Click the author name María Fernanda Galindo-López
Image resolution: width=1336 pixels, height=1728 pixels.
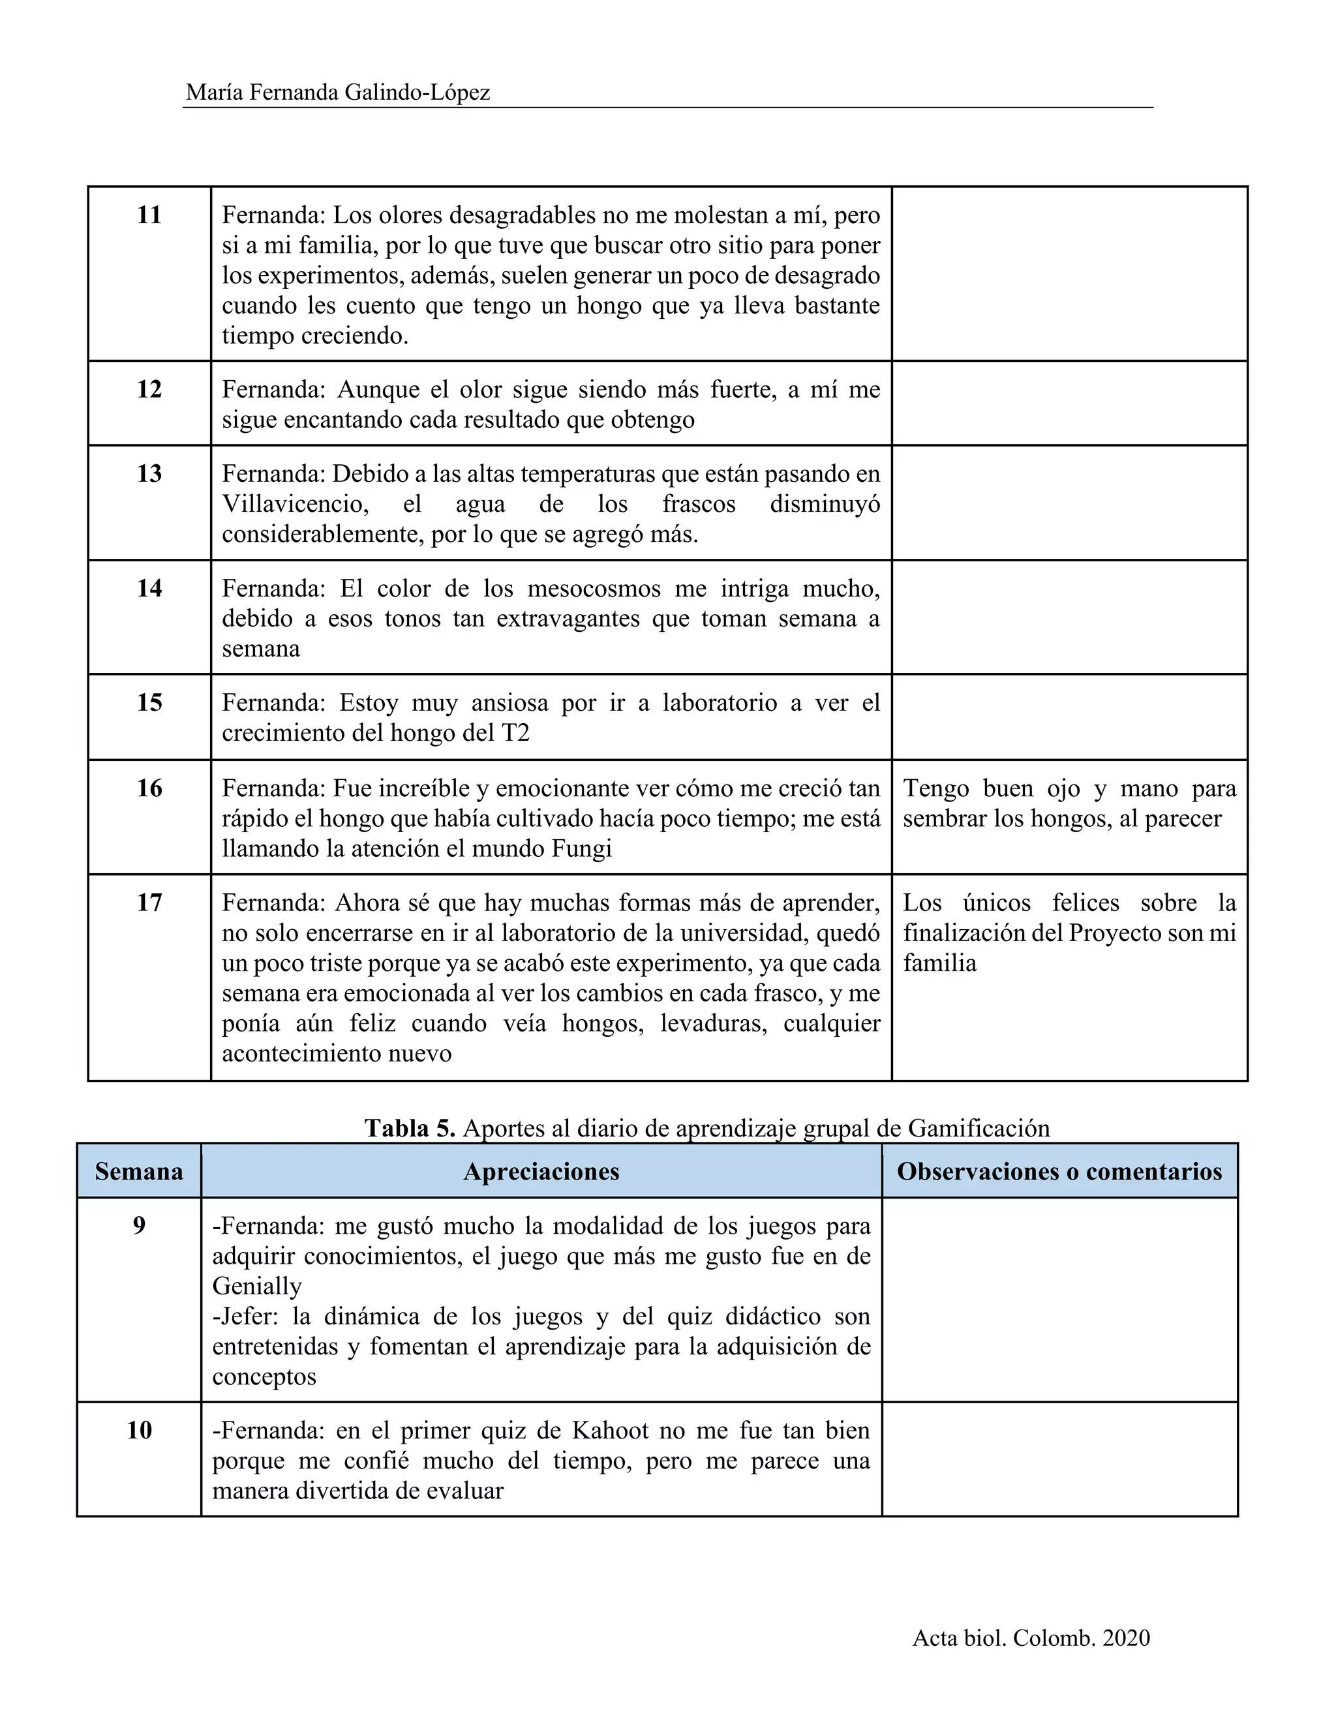tap(338, 93)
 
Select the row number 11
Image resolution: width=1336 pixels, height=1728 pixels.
tap(149, 215)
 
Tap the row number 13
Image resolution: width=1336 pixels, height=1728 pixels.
tap(149, 473)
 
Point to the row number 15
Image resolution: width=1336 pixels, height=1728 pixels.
tap(149, 702)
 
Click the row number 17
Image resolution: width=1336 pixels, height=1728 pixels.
tap(149, 902)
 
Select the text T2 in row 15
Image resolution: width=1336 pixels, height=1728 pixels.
tap(515, 734)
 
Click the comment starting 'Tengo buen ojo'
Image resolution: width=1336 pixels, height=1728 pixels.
tap(1069, 803)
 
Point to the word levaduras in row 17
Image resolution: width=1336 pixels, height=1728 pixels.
tap(715, 1024)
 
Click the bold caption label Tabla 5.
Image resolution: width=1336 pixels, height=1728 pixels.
tap(409, 1128)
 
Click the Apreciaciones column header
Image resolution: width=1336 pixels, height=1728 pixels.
tap(541, 1172)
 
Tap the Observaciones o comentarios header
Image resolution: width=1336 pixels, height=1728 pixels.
tap(1059, 1172)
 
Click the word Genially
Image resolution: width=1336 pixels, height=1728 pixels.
tap(257, 1287)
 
